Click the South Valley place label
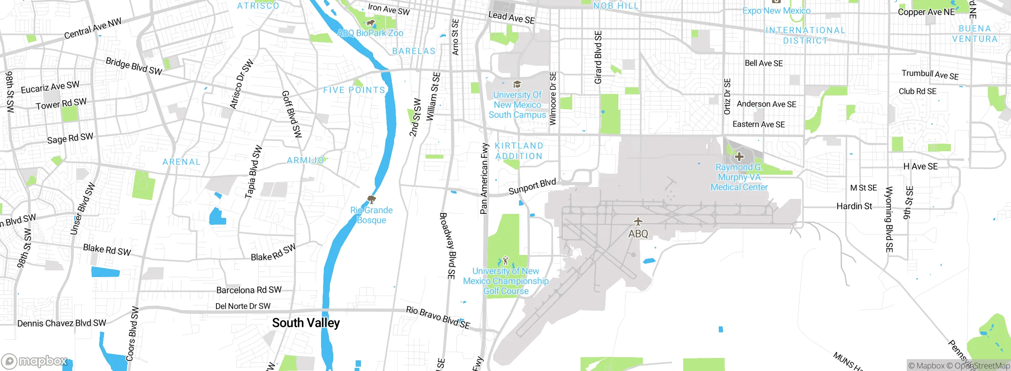click(x=306, y=323)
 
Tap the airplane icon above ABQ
click(x=638, y=221)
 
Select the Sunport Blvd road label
click(x=532, y=187)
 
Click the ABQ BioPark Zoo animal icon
click(x=370, y=23)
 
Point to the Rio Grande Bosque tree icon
click(x=371, y=199)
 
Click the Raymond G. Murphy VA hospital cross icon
click(x=739, y=157)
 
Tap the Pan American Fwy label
click(x=484, y=179)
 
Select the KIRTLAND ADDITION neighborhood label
click(x=519, y=151)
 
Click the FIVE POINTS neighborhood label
click(x=354, y=90)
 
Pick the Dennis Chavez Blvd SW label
click(x=62, y=323)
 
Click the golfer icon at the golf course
click(x=505, y=260)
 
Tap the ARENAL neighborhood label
click(x=182, y=162)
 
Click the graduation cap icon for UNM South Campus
click(x=517, y=84)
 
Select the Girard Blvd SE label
click(x=598, y=57)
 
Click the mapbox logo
click(x=35, y=361)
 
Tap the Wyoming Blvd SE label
click(x=889, y=220)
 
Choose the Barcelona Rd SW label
click(x=249, y=290)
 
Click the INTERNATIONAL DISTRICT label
click(x=805, y=36)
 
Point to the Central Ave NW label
click(x=93, y=29)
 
